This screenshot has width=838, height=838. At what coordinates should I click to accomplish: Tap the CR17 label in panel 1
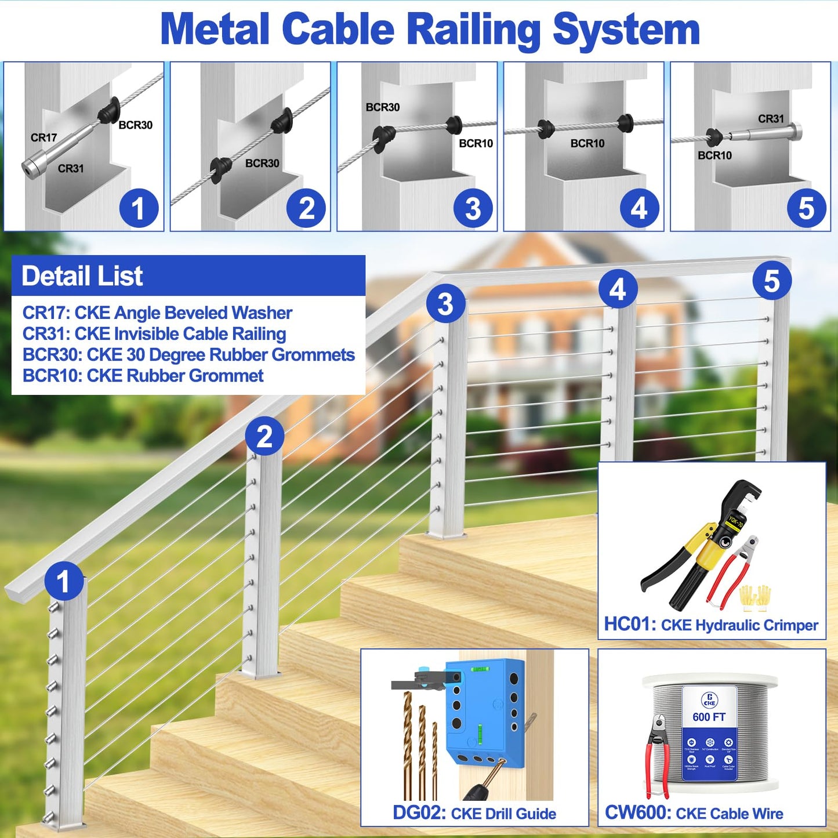(43, 137)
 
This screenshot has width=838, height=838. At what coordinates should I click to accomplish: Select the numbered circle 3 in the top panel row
(473, 209)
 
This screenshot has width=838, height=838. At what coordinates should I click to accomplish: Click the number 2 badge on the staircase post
(264, 436)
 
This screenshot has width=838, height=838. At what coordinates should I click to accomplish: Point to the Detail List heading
(82, 276)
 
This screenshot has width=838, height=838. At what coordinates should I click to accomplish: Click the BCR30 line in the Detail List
(188, 355)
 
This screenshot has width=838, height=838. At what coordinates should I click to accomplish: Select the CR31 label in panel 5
(771, 119)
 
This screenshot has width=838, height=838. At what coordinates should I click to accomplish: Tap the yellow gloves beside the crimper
(756, 597)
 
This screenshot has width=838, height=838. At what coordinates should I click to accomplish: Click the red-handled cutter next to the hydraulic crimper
(734, 571)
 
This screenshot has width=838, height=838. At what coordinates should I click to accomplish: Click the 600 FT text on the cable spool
(709, 717)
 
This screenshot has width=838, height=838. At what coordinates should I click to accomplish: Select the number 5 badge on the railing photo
(771, 281)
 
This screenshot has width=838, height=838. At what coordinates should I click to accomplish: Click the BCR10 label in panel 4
(587, 143)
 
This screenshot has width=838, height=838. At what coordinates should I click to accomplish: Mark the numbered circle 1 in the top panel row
(139, 209)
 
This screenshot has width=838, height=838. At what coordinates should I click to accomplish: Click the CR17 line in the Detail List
(157, 313)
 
